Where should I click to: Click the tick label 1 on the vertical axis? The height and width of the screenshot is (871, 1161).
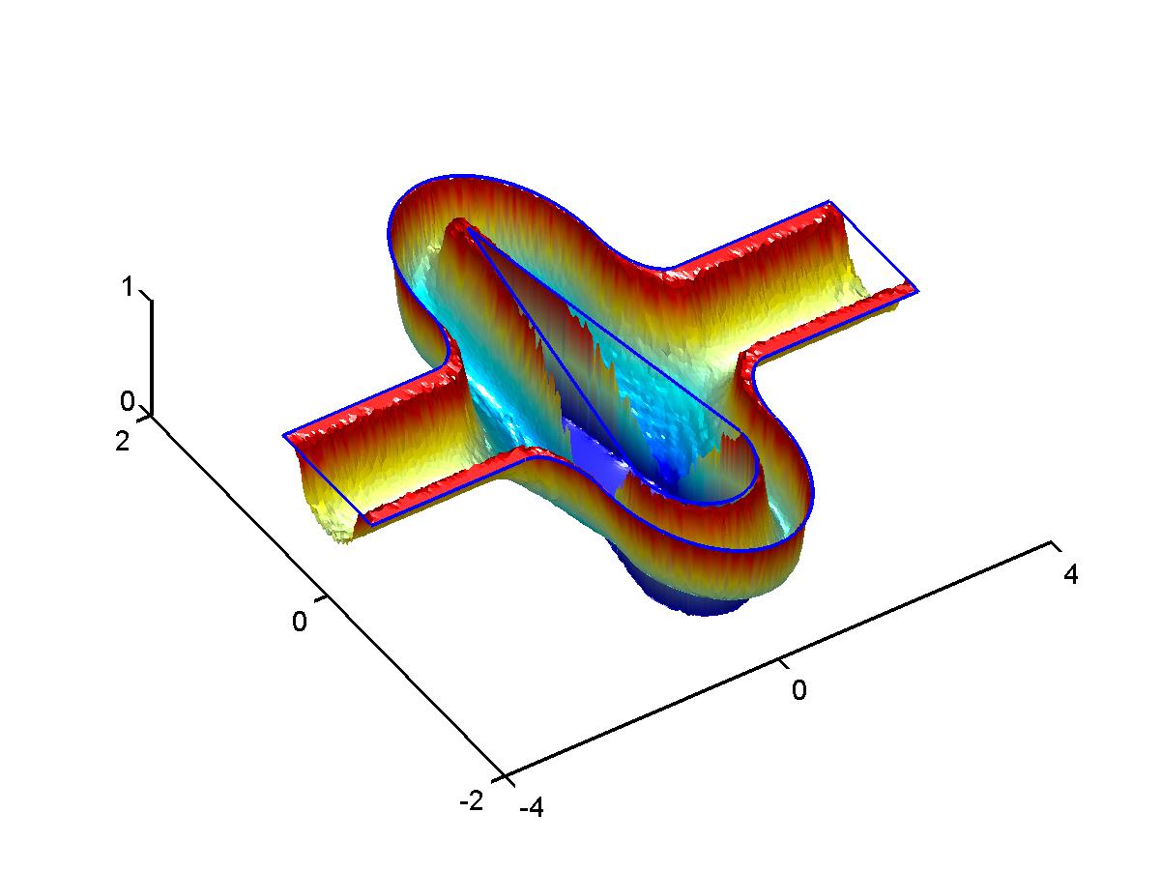click(128, 287)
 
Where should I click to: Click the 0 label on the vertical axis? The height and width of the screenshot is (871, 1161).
click(128, 401)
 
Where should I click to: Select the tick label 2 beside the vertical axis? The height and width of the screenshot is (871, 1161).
click(122, 441)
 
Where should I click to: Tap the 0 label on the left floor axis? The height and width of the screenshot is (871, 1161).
click(300, 622)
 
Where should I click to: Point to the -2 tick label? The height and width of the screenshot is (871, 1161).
click(472, 800)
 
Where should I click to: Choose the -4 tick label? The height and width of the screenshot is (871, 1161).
click(532, 807)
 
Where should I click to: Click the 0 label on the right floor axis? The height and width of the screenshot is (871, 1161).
click(799, 689)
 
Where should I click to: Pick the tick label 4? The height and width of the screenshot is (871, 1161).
click(1071, 574)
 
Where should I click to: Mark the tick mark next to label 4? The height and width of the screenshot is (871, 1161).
click(1057, 546)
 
